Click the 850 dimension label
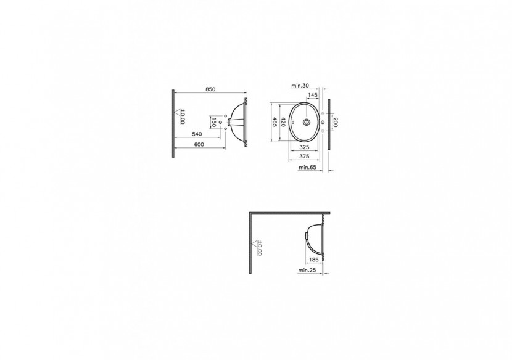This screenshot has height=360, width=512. click(x=210, y=89)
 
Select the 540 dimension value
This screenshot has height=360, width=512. click(x=198, y=134)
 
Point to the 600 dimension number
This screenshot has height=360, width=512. click(x=198, y=144)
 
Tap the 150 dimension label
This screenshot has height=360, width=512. click(x=213, y=123)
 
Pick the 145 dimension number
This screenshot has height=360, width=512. click(x=312, y=95)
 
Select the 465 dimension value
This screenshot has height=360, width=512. click(x=275, y=122)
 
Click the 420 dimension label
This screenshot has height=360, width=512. click(x=283, y=122)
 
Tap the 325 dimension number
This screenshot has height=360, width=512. click(x=304, y=147)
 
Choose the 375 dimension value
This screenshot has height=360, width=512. click(x=304, y=156)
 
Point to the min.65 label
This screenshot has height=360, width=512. click(x=307, y=167)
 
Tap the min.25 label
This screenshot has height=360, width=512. click(x=306, y=270)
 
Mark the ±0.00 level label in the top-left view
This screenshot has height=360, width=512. click(x=183, y=117)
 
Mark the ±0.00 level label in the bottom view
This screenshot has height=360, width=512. click(x=259, y=248)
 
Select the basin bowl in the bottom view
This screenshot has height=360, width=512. click(x=315, y=237)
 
